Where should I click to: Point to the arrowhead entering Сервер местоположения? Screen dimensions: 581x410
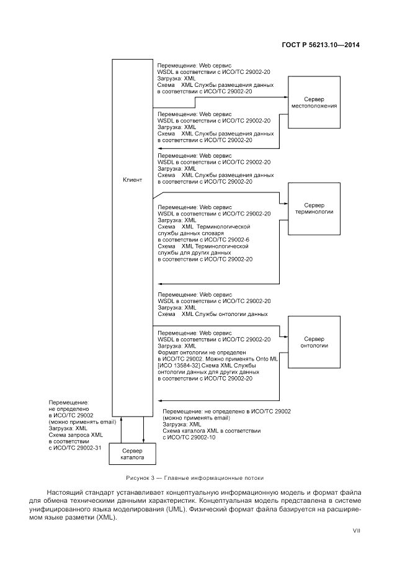(287, 97)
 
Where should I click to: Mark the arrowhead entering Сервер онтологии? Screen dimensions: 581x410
(287, 336)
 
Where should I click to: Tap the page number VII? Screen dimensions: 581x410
(357, 531)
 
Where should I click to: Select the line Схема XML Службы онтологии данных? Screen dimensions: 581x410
(213, 314)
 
